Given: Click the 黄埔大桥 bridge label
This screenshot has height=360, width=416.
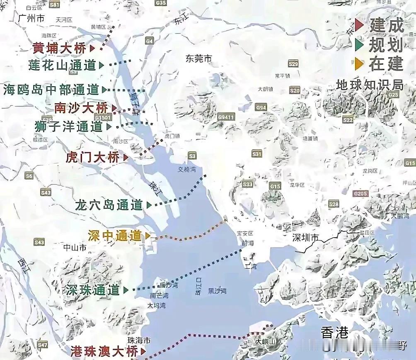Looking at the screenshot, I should [x=60, y=48].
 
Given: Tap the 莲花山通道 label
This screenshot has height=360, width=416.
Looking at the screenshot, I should [x=62, y=65].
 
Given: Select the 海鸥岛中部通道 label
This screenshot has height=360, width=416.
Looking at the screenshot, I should [x=51, y=89].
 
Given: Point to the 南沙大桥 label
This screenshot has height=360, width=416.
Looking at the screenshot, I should [x=81, y=108].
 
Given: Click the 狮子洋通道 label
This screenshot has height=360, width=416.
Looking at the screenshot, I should [x=69, y=126].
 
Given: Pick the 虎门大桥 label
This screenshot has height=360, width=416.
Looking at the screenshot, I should [x=92, y=157].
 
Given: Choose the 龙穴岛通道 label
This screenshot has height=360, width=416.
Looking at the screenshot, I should [x=109, y=204].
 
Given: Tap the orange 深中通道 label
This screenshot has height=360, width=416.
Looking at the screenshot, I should [x=115, y=236].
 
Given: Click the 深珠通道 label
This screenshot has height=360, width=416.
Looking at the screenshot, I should [x=92, y=290].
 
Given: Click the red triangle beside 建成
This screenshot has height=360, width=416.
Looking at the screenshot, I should [x=360, y=25].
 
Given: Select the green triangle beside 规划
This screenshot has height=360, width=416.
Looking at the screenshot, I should [x=360, y=44].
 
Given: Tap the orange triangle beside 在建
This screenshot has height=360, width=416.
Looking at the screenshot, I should [x=360, y=63].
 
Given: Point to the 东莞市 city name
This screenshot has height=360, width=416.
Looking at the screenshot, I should [x=199, y=59].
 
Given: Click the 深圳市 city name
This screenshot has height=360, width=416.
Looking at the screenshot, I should [x=305, y=238].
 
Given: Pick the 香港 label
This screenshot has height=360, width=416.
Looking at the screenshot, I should [x=334, y=332].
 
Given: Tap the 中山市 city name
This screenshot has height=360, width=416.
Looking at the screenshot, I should [x=75, y=248].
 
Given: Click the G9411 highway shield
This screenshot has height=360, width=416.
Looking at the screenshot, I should [x=226, y=117].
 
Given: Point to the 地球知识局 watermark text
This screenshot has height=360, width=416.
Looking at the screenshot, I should [x=370, y=85].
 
